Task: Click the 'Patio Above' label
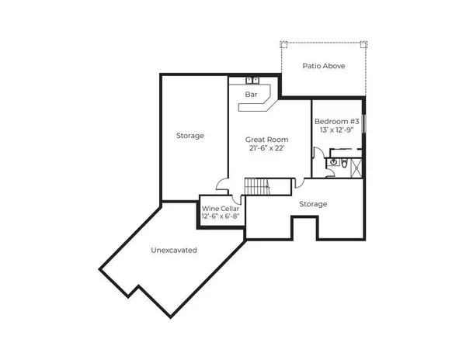pyautogui.click(x=324, y=66)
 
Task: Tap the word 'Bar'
pyautogui.click(x=251, y=95)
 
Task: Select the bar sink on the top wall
pyautogui.click(x=252, y=80)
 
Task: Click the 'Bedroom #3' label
pyautogui.click(x=336, y=122)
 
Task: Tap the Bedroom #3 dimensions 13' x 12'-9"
pyautogui.click(x=336, y=132)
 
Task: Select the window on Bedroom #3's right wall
pyautogui.click(x=363, y=125)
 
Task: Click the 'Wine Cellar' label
pyautogui.click(x=221, y=209)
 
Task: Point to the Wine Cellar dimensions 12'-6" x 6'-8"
pyautogui.click(x=221, y=217)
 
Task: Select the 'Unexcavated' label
pyautogui.click(x=173, y=251)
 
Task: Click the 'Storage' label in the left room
pyautogui.click(x=190, y=136)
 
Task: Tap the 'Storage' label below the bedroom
pyautogui.click(x=313, y=204)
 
